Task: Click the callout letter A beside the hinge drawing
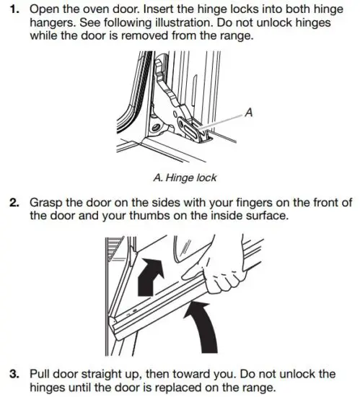pos(249,112)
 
